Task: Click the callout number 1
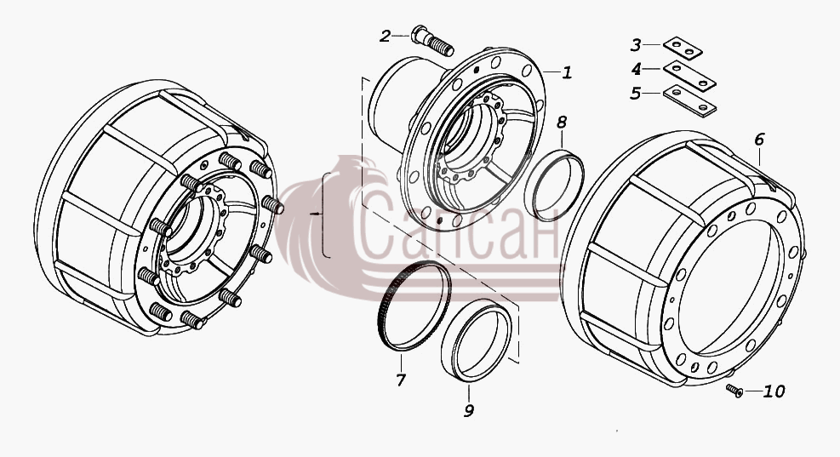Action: click(x=567, y=72)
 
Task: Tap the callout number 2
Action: click(x=386, y=37)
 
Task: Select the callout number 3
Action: click(x=636, y=45)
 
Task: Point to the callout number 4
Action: click(x=636, y=69)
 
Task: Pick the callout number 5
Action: click(x=636, y=94)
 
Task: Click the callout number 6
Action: click(x=759, y=140)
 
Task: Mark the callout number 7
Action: click(x=401, y=380)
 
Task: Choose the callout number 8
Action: click(x=562, y=123)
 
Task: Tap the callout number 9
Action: click(x=469, y=411)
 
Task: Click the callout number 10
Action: click(x=774, y=391)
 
